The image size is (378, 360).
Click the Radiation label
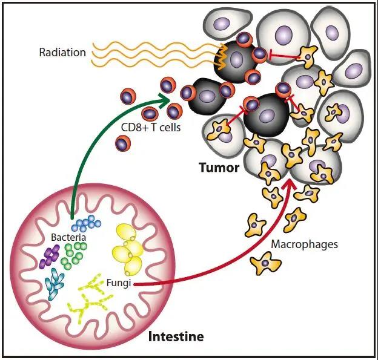click(x=62, y=52)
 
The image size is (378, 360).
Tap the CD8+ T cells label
click(x=151, y=128)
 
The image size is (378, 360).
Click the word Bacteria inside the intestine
click(x=68, y=237)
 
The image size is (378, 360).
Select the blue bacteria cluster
click(x=85, y=224)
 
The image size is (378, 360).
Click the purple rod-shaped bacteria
click(x=49, y=257)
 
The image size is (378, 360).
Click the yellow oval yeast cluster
click(x=130, y=248)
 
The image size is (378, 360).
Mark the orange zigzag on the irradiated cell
click(x=221, y=59)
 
